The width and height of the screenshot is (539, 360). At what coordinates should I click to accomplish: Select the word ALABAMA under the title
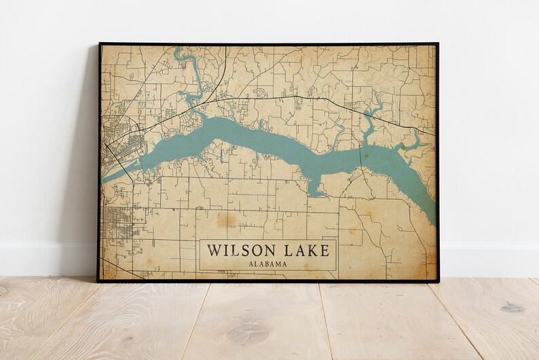[x=267, y=264]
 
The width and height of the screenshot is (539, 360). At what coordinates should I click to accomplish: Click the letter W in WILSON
[x=214, y=251]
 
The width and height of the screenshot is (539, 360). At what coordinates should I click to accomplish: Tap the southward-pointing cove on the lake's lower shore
[x=314, y=185]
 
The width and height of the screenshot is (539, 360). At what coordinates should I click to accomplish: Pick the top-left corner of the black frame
[x=100, y=44]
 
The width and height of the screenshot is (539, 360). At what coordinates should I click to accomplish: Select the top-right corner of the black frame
[x=438, y=44]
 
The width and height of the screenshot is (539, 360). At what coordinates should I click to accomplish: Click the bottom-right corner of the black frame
[x=438, y=281]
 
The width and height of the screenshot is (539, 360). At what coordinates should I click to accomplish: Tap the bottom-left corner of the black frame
[x=98, y=281]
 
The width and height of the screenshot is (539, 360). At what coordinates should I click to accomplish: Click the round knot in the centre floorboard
[x=248, y=333]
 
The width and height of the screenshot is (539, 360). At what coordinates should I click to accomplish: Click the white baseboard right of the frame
[x=489, y=262]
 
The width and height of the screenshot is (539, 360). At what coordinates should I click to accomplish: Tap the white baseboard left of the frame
[x=48, y=262]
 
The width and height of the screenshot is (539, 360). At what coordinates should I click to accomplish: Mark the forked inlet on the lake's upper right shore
[x=372, y=112]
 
